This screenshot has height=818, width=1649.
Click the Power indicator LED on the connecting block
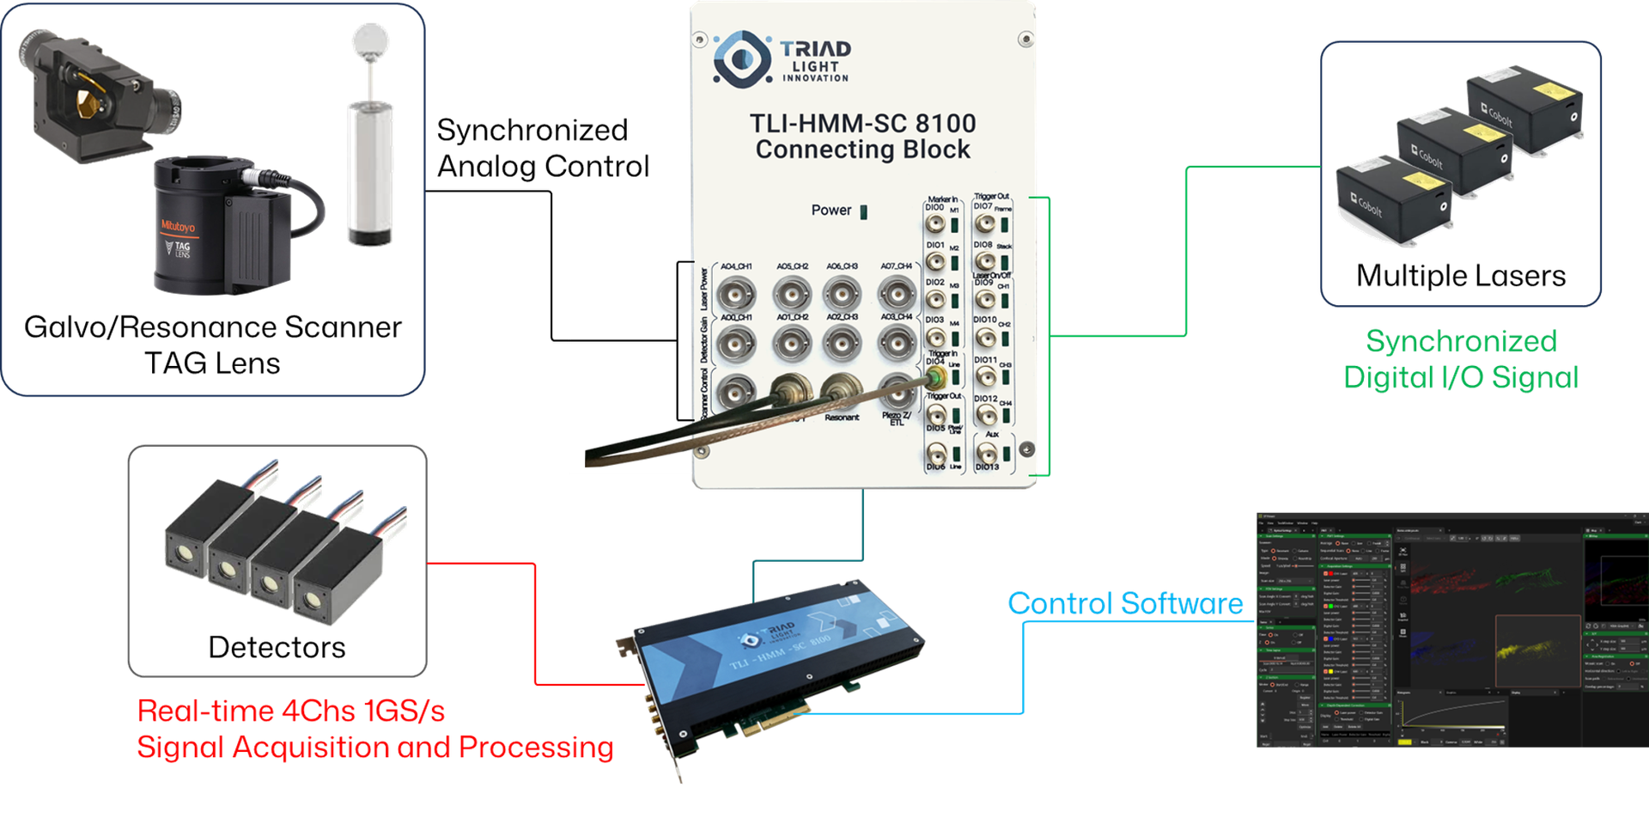click(864, 211)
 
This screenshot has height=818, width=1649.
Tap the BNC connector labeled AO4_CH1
click(736, 295)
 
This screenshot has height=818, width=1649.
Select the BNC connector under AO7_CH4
click(896, 295)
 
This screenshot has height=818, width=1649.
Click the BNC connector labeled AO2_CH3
click(843, 342)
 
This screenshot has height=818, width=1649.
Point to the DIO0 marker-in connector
click(935, 225)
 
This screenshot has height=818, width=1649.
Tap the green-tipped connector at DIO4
click(935, 378)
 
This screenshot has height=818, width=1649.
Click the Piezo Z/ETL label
click(896, 419)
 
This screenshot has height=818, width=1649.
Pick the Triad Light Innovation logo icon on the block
click(741, 58)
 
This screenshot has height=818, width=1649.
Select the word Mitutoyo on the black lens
click(179, 227)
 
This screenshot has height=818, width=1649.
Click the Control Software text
click(1125, 604)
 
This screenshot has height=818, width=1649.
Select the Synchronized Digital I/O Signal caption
click(1461, 359)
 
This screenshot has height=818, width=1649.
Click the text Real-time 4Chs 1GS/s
click(291, 711)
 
